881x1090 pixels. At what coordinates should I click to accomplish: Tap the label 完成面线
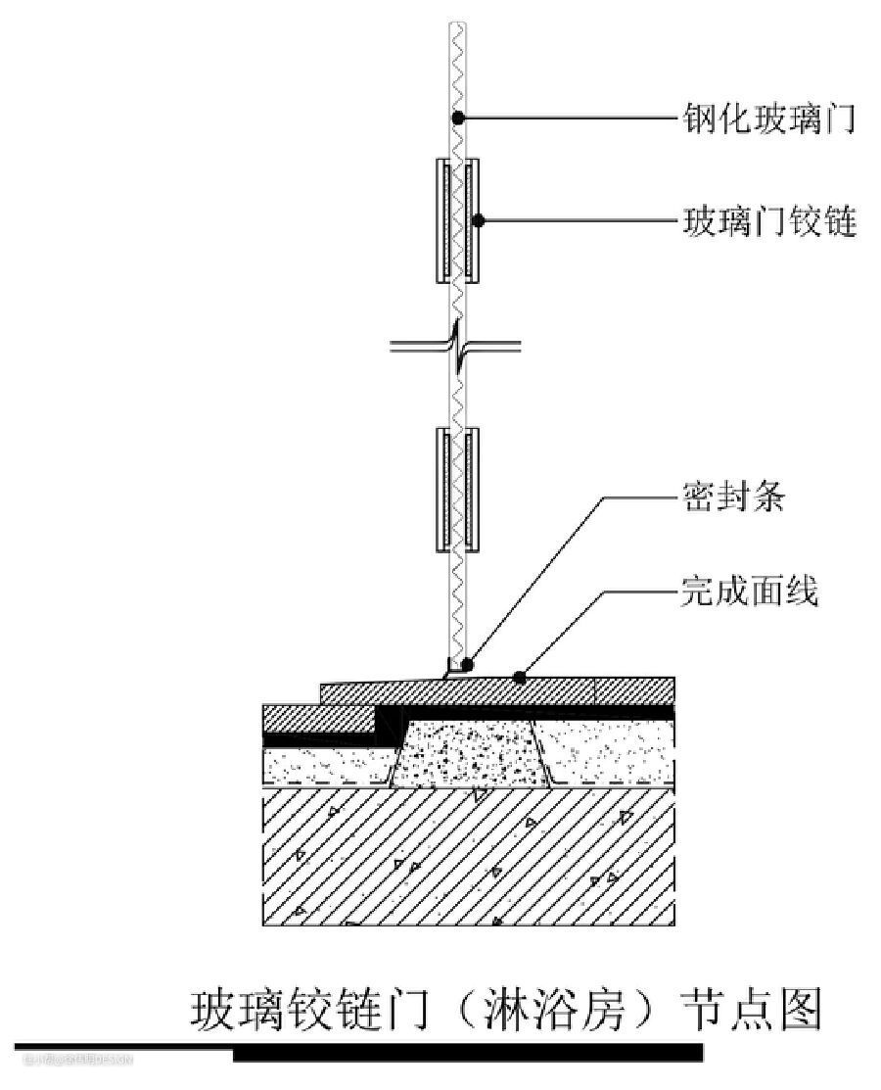pos(749,592)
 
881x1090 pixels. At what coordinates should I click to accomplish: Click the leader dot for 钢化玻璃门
pos(457,118)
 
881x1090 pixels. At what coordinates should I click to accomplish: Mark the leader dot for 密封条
pos(467,665)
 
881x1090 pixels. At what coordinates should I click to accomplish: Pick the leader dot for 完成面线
pos(520,676)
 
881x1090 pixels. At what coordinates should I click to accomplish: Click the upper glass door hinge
pos(457,217)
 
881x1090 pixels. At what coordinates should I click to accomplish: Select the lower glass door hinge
pos(457,488)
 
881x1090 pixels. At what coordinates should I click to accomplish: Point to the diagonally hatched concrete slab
pos(470,857)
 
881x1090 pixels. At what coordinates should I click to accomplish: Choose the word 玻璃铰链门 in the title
pos(310,1011)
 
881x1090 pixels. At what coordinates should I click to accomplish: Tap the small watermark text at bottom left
pos(73,1059)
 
